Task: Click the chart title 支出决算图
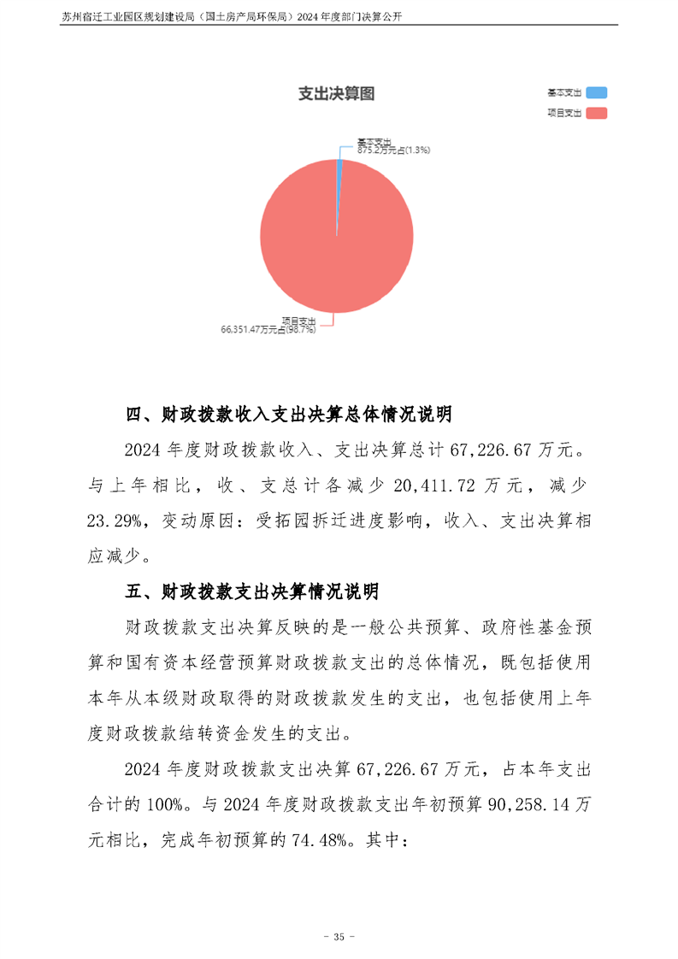(336, 94)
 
